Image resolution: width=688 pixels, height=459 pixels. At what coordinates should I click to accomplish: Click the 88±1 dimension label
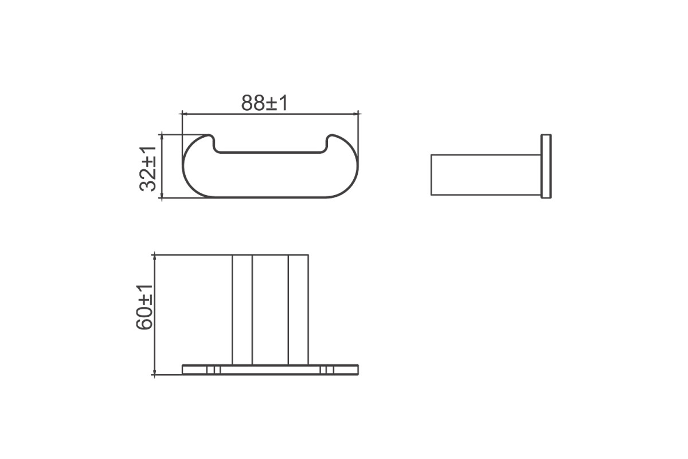click(264, 103)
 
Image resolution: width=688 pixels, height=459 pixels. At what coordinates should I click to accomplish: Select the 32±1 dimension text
click(148, 169)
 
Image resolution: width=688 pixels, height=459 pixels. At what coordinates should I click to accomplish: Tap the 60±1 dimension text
click(144, 307)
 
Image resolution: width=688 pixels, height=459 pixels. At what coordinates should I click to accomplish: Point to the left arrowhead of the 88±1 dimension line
click(184, 114)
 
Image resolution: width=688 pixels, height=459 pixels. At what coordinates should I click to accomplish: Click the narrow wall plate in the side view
click(546, 166)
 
